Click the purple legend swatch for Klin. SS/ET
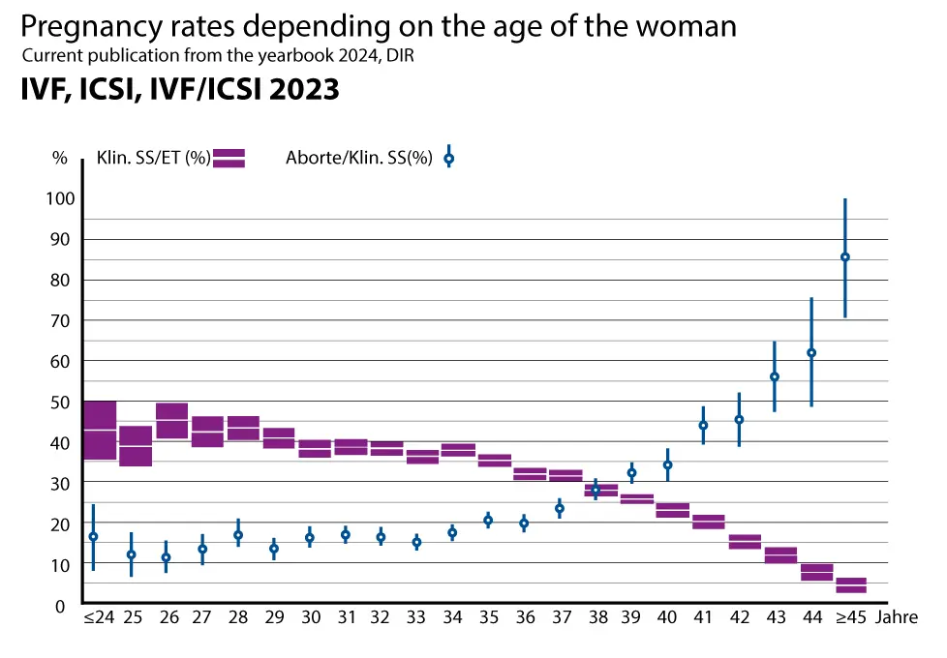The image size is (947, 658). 229,159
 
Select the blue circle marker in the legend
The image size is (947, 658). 448,158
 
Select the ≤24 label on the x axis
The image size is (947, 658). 99,617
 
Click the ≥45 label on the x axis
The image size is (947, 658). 851,617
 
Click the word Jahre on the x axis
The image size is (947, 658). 898,617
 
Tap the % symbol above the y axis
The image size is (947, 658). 60,159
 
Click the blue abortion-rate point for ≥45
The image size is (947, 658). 845,256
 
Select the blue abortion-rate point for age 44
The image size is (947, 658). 811,352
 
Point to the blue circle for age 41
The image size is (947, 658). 704,425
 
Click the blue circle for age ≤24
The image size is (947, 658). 93,536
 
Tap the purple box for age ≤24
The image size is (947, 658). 100,430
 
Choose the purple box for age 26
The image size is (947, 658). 171,421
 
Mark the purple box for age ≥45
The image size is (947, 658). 851,585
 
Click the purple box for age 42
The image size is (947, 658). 745,542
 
